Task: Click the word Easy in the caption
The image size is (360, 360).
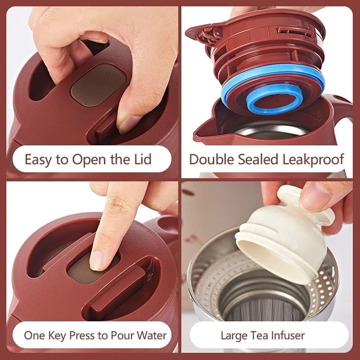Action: click(38, 159)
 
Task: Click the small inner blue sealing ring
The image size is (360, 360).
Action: click(275, 98)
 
